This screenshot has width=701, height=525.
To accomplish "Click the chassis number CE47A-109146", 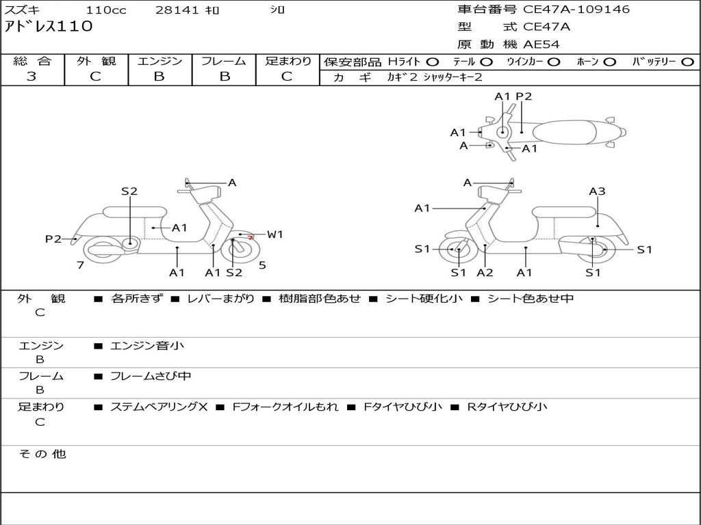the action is [576, 10].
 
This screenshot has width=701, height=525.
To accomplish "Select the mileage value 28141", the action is [177, 10].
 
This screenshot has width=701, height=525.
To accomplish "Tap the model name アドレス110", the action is [49, 27].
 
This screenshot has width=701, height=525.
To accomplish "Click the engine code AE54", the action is [541, 44].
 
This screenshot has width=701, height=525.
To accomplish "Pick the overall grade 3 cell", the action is [31, 77].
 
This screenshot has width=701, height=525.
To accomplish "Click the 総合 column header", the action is [32, 62].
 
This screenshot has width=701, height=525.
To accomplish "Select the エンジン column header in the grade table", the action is [160, 62].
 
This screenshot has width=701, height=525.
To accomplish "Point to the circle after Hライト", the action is [433, 62].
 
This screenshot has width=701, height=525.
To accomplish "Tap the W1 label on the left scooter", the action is [275, 234].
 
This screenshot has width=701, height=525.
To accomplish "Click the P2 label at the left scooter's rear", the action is [53, 239].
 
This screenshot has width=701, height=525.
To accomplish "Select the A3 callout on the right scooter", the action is [597, 191].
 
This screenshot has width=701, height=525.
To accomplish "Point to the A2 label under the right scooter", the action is [485, 273].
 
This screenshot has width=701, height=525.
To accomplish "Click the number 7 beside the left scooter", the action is [80, 265].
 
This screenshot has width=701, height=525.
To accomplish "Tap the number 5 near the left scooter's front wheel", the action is [262, 265].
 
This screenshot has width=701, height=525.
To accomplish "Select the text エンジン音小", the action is [147, 346].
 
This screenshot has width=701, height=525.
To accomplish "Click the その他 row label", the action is [42, 454].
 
